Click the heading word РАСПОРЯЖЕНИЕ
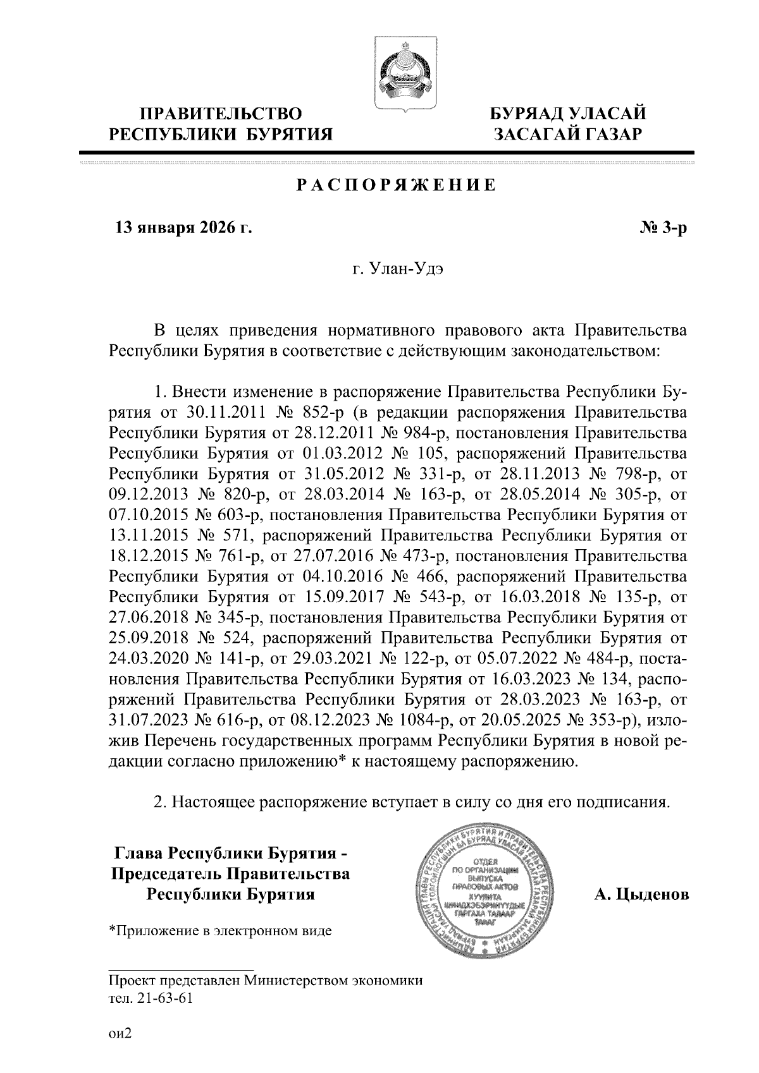point(397,186)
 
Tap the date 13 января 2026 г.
point(182,227)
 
